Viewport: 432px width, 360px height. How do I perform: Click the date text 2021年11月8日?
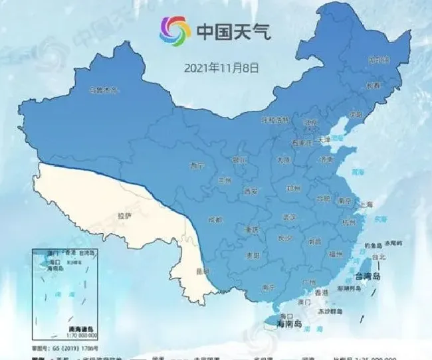(x=221, y=67)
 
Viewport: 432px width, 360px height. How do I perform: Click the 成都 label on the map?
(x=215, y=219)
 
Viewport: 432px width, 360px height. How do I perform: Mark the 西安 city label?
(x=251, y=191)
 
